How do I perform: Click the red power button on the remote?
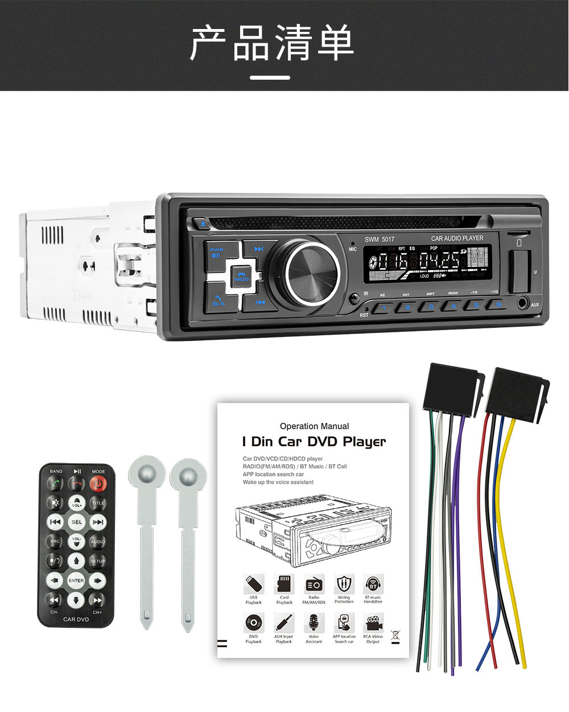tap(98, 484)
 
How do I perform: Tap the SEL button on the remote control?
tap(76, 522)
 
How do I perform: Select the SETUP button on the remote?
tap(97, 561)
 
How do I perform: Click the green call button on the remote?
tap(55, 484)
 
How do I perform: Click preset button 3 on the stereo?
tap(430, 307)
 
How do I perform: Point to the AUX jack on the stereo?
tap(522, 303)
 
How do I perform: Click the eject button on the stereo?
tap(202, 224)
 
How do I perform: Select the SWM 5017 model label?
tap(379, 239)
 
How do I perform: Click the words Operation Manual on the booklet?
tap(314, 426)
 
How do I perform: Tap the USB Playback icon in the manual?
tap(253, 584)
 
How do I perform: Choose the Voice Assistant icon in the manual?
tap(314, 623)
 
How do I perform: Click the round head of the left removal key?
tap(147, 471)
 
